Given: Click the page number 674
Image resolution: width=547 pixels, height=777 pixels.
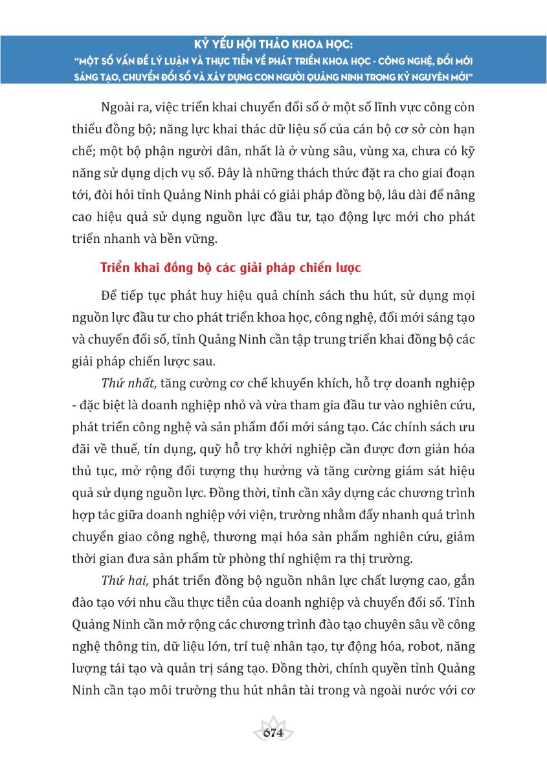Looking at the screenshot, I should (x=273, y=732).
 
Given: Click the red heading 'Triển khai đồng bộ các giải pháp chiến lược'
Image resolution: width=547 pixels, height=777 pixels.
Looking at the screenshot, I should (x=231, y=267).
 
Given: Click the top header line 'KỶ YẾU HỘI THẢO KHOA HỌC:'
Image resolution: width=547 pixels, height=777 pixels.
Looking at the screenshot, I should (x=273, y=46).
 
